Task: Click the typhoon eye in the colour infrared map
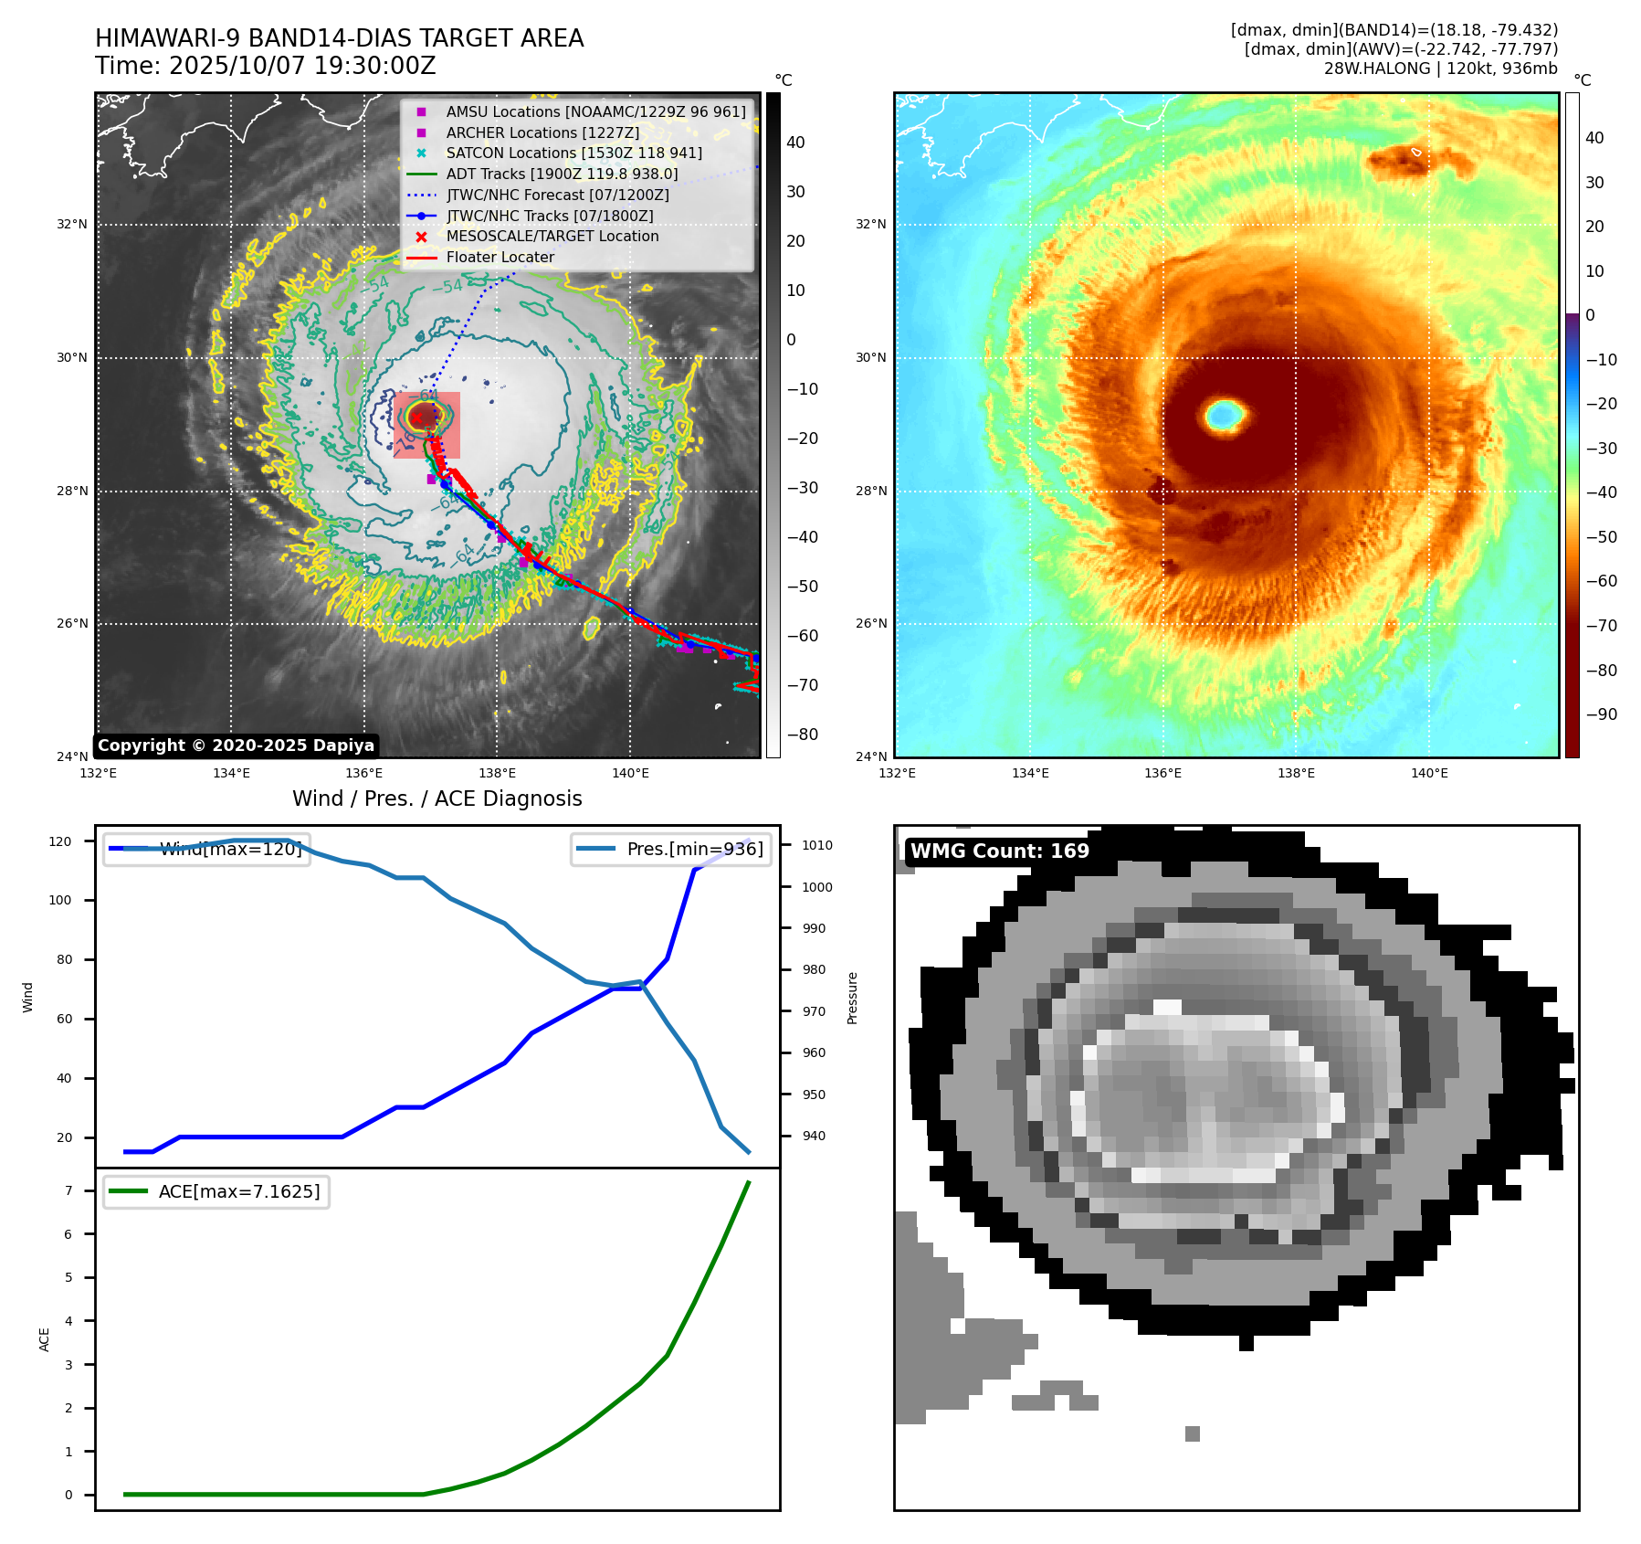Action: pos(1224,415)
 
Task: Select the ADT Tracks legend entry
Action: pos(562,174)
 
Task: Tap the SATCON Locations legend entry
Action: pos(573,153)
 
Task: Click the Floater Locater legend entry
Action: pos(500,257)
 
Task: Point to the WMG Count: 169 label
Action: pos(999,851)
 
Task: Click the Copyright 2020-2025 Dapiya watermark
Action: pos(236,746)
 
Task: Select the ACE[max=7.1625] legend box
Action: pos(216,1191)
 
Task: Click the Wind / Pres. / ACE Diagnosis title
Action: pos(437,798)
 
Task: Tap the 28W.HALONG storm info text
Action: pos(1440,69)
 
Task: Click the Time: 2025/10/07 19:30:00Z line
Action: pos(266,66)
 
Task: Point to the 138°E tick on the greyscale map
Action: pos(498,774)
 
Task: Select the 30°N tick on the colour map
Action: pos(870,357)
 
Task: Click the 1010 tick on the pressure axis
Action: pos(817,845)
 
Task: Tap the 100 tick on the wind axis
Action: pos(63,900)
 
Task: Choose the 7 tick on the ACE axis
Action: pos(68,1190)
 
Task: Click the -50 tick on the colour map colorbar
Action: pos(1601,536)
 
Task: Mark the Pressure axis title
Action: pos(852,998)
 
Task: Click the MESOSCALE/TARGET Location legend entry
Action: pos(552,236)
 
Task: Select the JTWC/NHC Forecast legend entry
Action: pos(557,195)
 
